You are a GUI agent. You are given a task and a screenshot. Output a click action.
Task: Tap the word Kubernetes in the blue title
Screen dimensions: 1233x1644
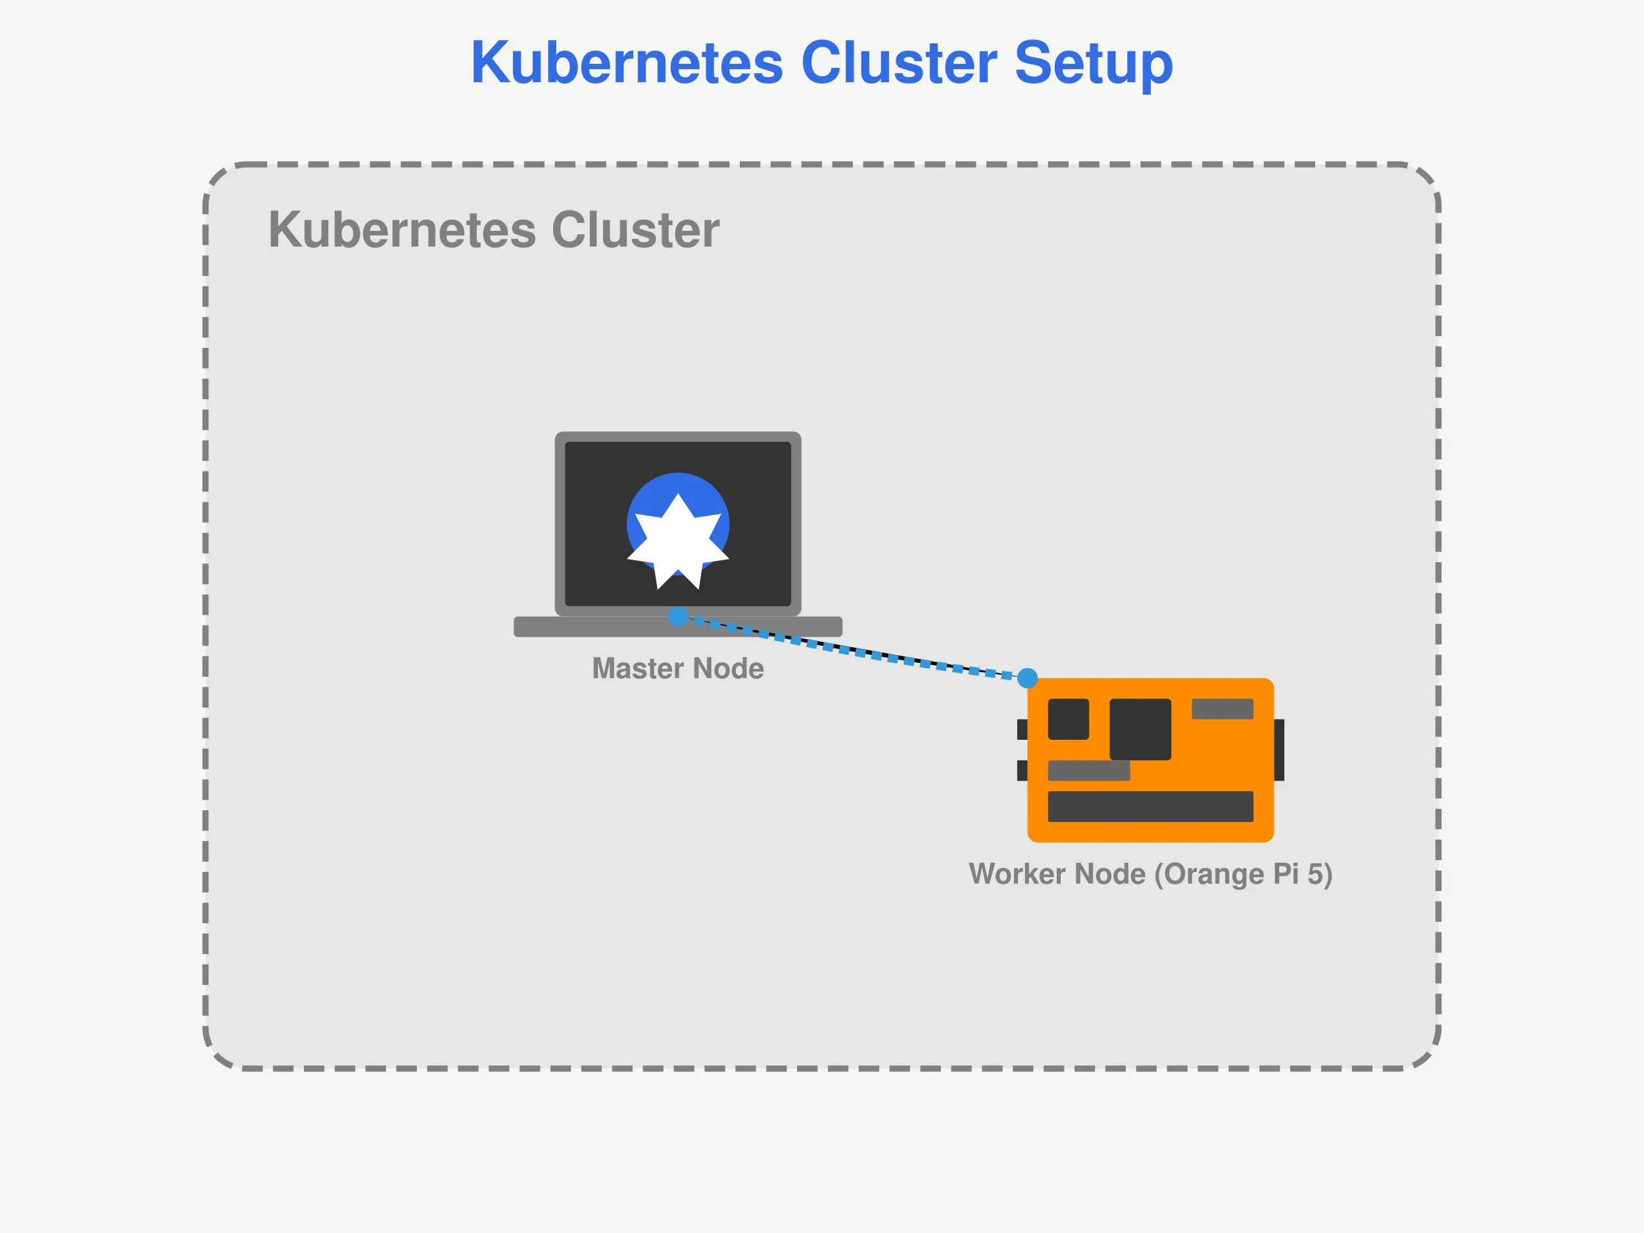pos(627,64)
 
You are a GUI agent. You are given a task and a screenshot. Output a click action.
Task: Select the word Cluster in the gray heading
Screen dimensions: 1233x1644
pos(635,230)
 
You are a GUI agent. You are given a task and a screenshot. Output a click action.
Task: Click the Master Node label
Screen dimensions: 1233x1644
pos(677,668)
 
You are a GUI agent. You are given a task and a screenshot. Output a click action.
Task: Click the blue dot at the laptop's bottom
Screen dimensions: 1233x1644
pos(678,616)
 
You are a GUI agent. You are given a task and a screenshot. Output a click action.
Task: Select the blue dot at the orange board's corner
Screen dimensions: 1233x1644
pos(1027,678)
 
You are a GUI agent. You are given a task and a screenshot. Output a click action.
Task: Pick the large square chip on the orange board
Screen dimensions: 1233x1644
pos(1140,729)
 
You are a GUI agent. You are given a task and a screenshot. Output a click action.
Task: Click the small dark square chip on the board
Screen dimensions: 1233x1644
pos(1068,719)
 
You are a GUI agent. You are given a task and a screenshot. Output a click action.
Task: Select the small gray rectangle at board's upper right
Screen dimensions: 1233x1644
pos(1222,708)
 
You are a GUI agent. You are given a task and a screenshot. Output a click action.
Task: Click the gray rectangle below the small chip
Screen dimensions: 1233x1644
pos(1088,771)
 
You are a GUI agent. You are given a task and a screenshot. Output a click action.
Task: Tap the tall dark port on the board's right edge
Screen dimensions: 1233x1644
pos(1278,750)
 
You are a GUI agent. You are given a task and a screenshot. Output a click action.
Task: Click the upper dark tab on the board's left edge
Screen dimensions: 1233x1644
pos(1022,729)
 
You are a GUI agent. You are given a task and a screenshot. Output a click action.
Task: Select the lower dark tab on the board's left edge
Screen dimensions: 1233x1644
pos(1022,771)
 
